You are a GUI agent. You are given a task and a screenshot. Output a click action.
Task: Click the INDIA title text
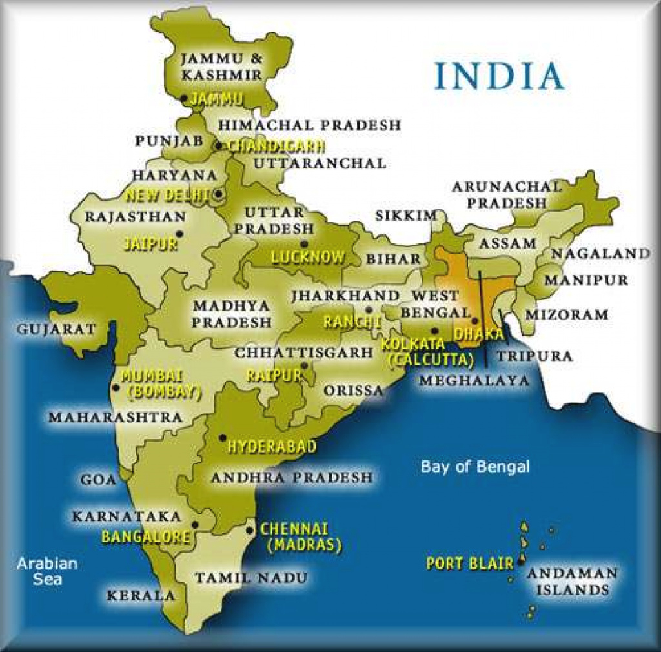click(x=499, y=76)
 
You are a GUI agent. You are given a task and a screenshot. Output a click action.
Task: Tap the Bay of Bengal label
click(x=474, y=467)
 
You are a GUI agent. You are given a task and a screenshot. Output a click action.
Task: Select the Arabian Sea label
click(x=47, y=571)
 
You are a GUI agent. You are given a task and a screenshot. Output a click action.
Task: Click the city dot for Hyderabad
click(x=222, y=437)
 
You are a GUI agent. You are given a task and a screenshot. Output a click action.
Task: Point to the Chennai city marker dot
click(x=250, y=530)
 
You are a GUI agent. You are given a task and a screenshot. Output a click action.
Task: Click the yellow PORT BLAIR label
click(x=469, y=564)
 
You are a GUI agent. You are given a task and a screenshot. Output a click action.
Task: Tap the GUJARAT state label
click(x=56, y=329)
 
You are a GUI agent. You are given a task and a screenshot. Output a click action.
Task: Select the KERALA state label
click(x=141, y=595)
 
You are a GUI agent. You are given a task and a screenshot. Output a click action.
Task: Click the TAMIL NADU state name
click(x=251, y=577)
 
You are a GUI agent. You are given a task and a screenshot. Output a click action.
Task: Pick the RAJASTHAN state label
click(x=135, y=216)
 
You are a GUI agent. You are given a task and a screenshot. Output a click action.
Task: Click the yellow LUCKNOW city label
click(x=308, y=258)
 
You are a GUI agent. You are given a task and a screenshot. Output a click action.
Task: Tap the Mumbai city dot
click(x=116, y=387)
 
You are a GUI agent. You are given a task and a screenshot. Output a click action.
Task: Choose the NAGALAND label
click(x=600, y=253)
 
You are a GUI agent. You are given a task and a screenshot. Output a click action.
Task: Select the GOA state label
click(x=99, y=480)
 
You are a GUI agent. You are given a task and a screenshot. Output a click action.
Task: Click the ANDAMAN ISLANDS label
click(x=572, y=581)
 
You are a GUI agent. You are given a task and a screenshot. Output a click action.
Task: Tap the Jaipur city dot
click(x=179, y=233)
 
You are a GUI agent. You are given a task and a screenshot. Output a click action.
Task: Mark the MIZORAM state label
click(x=566, y=315)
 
